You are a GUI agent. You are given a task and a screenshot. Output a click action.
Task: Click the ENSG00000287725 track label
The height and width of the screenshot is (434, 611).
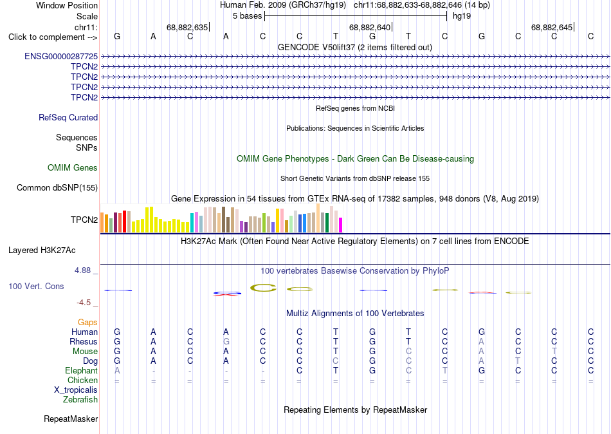(x=61, y=56)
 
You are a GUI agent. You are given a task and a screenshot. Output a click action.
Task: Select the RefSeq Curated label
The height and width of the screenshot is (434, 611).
(x=68, y=117)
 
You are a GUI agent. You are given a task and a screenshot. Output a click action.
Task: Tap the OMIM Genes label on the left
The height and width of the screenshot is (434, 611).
(x=73, y=167)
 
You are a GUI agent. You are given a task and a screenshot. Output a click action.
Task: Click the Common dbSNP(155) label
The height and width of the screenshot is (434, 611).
(x=57, y=188)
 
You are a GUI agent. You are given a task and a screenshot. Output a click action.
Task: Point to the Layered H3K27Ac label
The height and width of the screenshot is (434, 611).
(x=42, y=250)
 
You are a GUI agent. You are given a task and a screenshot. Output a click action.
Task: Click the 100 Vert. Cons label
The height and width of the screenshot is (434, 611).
(x=36, y=286)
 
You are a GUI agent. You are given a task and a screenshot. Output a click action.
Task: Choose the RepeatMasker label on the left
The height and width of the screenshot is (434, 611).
(x=71, y=419)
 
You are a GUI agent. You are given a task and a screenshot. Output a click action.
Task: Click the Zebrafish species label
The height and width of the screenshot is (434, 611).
(x=80, y=399)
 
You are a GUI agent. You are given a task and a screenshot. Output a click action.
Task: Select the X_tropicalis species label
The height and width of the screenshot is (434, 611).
(x=76, y=390)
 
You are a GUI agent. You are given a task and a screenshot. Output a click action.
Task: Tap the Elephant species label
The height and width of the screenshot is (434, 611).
(x=82, y=370)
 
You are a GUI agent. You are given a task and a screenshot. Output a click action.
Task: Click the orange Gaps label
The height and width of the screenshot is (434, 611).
(x=87, y=322)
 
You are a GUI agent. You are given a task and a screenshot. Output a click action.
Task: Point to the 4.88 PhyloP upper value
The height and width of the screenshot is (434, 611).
(x=82, y=270)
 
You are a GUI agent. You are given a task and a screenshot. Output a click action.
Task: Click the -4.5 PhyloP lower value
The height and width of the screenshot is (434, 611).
(x=84, y=303)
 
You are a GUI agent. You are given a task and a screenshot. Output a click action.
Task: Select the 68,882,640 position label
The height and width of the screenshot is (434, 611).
(x=369, y=27)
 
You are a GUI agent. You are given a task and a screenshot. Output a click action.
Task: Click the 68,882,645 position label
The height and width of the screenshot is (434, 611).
(x=552, y=27)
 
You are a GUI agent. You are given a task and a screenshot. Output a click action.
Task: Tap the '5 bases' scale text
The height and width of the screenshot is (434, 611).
(x=248, y=16)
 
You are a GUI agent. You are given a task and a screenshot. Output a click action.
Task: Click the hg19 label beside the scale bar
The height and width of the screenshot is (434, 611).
(x=462, y=16)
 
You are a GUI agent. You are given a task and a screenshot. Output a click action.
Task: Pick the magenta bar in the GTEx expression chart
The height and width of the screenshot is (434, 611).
(x=341, y=225)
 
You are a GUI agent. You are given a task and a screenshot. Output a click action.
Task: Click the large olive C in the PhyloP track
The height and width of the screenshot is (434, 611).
(x=263, y=288)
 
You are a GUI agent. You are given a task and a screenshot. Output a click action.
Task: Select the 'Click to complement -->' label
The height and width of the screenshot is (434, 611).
(x=53, y=37)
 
